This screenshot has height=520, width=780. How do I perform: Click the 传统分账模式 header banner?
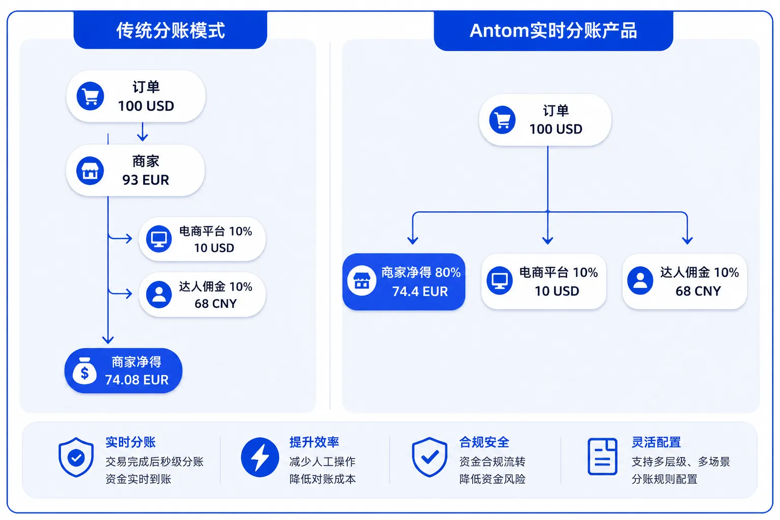click(x=170, y=30)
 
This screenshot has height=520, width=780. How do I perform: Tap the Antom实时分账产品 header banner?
click(x=554, y=30)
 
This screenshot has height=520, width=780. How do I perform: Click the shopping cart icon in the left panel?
click(x=90, y=96)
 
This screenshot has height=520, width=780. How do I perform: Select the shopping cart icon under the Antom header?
click(x=502, y=120)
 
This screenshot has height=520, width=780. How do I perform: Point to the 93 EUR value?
click(x=146, y=180)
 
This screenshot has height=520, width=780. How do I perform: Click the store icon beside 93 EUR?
click(x=90, y=171)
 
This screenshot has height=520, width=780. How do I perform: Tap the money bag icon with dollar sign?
click(x=84, y=371)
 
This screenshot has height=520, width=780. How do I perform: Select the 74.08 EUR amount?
click(x=137, y=380)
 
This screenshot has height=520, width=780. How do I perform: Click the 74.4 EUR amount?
click(x=420, y=291)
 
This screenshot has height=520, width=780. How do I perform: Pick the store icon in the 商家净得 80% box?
click(x=362, y=281)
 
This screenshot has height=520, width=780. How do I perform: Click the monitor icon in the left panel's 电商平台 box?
click(x=159, y=239)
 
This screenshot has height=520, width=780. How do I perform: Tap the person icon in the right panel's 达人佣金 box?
click(x=640, y=280)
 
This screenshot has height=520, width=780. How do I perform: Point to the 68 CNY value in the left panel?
click(x=215, y=303)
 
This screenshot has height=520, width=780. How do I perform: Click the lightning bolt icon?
click(x=260, y=457)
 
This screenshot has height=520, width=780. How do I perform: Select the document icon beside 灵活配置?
click(x=602, y=457)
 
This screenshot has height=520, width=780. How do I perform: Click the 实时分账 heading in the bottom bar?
click(x=131, y=442)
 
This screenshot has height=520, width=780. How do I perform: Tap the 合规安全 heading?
click(x=484, y=442)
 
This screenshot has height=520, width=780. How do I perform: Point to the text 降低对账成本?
click(x=322, y=479)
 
